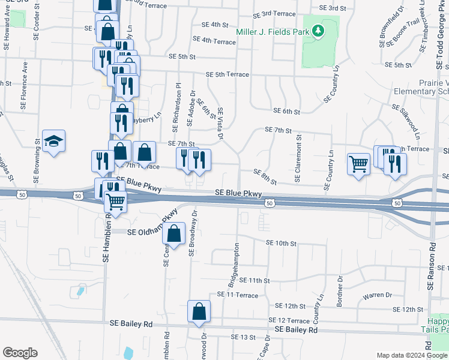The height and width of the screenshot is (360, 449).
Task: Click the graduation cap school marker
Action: click(x=54, y=142)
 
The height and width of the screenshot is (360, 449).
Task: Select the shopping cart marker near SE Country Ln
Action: click(x=358, y=163)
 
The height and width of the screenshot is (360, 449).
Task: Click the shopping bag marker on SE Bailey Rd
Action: click(x=199, y=311)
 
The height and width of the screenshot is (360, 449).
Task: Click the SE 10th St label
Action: click(x=282, y=243)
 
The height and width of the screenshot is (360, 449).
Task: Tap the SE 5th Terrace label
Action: click(x=227, y=74)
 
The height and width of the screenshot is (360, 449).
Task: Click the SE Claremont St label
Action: click(x=298, y=159)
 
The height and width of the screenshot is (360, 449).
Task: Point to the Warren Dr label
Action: click(x=376, y=295)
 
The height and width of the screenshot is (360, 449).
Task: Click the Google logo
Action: click(x=20, y=353)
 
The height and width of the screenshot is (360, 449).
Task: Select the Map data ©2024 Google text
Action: click(x=411, y=355)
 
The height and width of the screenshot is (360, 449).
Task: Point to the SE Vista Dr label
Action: click(x=220, y=124)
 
